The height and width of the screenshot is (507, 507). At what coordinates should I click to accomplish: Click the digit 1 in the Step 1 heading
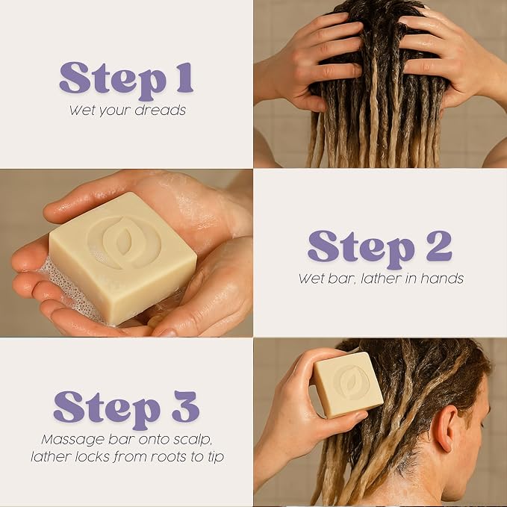coord(185,78)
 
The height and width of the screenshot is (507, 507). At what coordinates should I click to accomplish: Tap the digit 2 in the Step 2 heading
coord(438,246)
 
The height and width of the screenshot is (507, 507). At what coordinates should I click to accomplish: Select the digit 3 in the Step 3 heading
coord(185,406)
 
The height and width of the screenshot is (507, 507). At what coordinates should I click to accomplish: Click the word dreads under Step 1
coord(160,111)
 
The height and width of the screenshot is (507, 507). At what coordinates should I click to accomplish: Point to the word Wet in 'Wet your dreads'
coord(82,111)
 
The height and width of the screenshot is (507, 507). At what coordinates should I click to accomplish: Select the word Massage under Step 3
coord(73,439)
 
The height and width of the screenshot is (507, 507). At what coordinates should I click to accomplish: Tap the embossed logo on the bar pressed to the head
coord(350,382)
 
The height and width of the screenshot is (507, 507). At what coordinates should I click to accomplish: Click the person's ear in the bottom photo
coord(444,427)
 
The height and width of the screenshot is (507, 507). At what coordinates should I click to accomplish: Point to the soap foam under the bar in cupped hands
coord(69,290)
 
